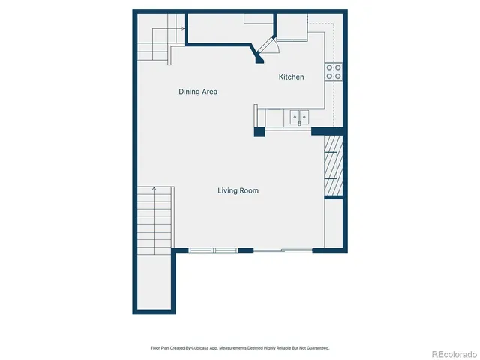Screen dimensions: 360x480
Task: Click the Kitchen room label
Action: pyautogui.click(x=291, y=77)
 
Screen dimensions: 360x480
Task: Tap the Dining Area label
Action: pyautogui.click(x=198, y=91)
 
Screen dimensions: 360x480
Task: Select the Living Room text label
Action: pyautogui.click(x=238, y=191)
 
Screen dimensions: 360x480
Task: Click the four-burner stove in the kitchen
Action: pyautogui.click(x=334, y=72)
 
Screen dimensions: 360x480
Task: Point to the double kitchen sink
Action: pyautogui.click(x=300, y=117)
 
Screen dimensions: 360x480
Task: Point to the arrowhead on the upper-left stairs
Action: pyautogui.click(x=182, y=29)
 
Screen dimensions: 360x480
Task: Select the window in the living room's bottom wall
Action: pyautogui.click(x=213, y=250)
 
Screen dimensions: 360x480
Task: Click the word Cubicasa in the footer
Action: pyautogui.click(x=199, y=348)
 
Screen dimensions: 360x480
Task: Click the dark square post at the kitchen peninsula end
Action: pyautogui.click(x=259, y=133)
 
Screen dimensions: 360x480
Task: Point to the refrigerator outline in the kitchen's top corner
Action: pyautogui.click(x=292, y=28)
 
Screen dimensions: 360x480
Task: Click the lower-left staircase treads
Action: pyautogui.click(x=154, y=217)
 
